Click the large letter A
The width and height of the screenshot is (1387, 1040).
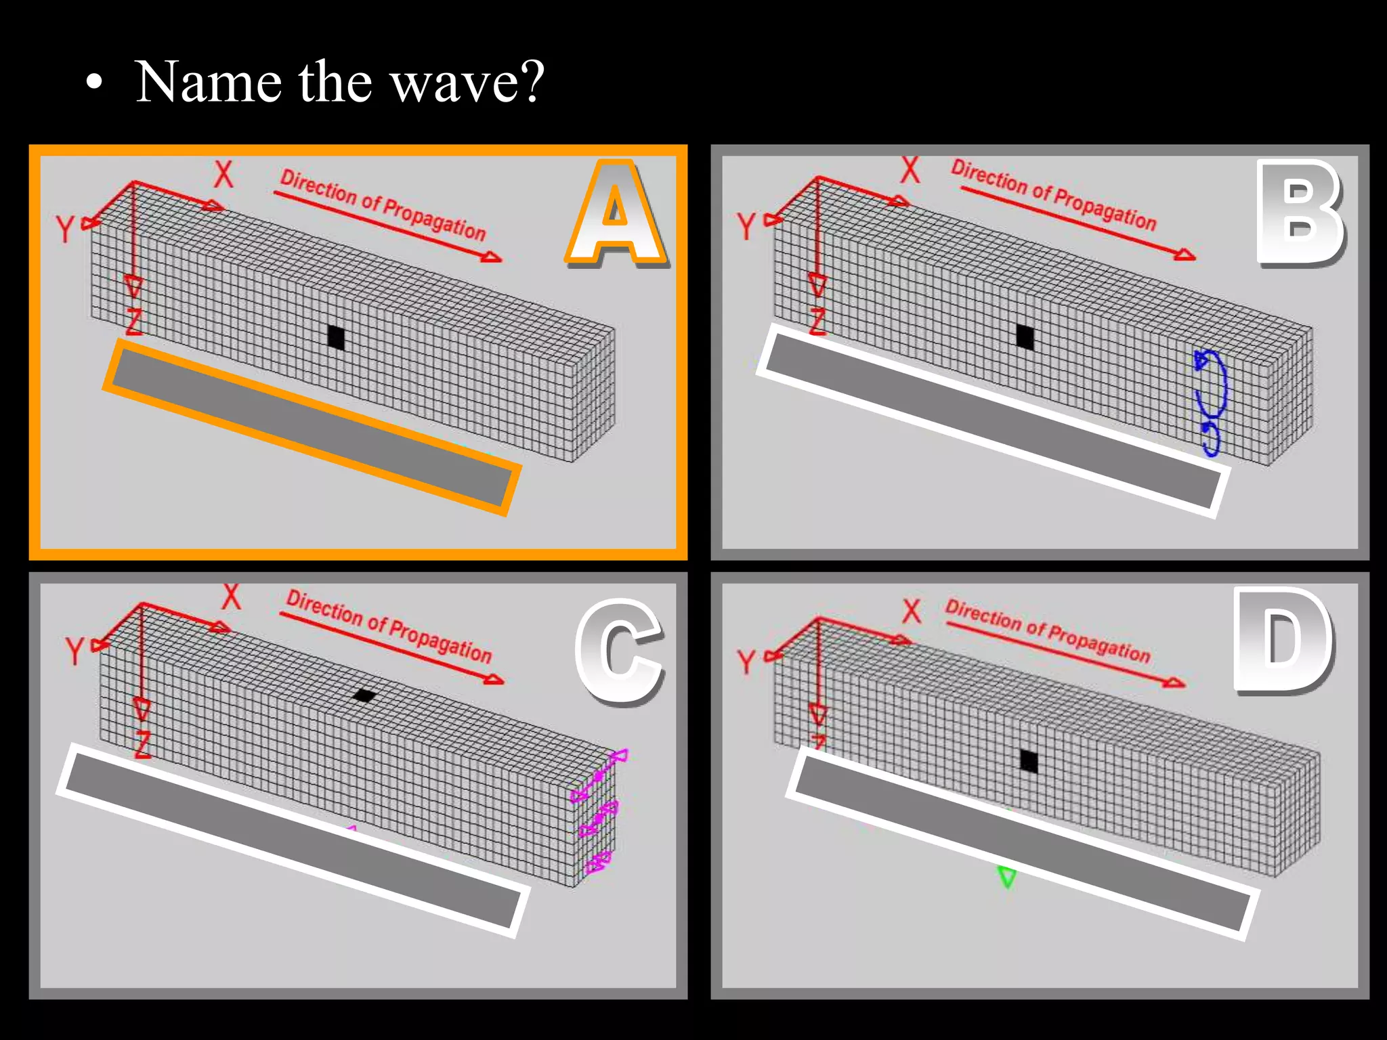pyautogui.click(x=615, y=213)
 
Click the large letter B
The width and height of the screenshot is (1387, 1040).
pyautogui.click(x=1298, y=213)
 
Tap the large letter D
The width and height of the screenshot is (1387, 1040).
pyautogui.click(x=1281, y=640)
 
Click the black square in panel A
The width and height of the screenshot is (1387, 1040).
pyautogui.click(x=336, y=337)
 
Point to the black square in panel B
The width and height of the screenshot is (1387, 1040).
pyautogui.click(x=1025, y=337)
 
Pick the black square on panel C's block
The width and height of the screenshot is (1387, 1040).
pyautogui.click(x=364, y=695)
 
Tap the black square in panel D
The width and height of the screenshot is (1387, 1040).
pyautogui.click(x=1029, y=761)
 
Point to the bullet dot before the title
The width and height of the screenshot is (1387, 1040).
pyautogui.click(x=95, y=84)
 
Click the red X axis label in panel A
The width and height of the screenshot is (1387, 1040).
pyautogui.click(x=223, y=175)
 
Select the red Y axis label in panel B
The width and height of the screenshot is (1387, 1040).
pyautogui.click(x=746, y=226)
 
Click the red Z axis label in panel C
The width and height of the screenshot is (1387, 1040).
pyautogui.click(x=142, y=745)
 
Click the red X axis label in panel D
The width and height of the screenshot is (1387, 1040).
pyautogui.click(x=912, y=611)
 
